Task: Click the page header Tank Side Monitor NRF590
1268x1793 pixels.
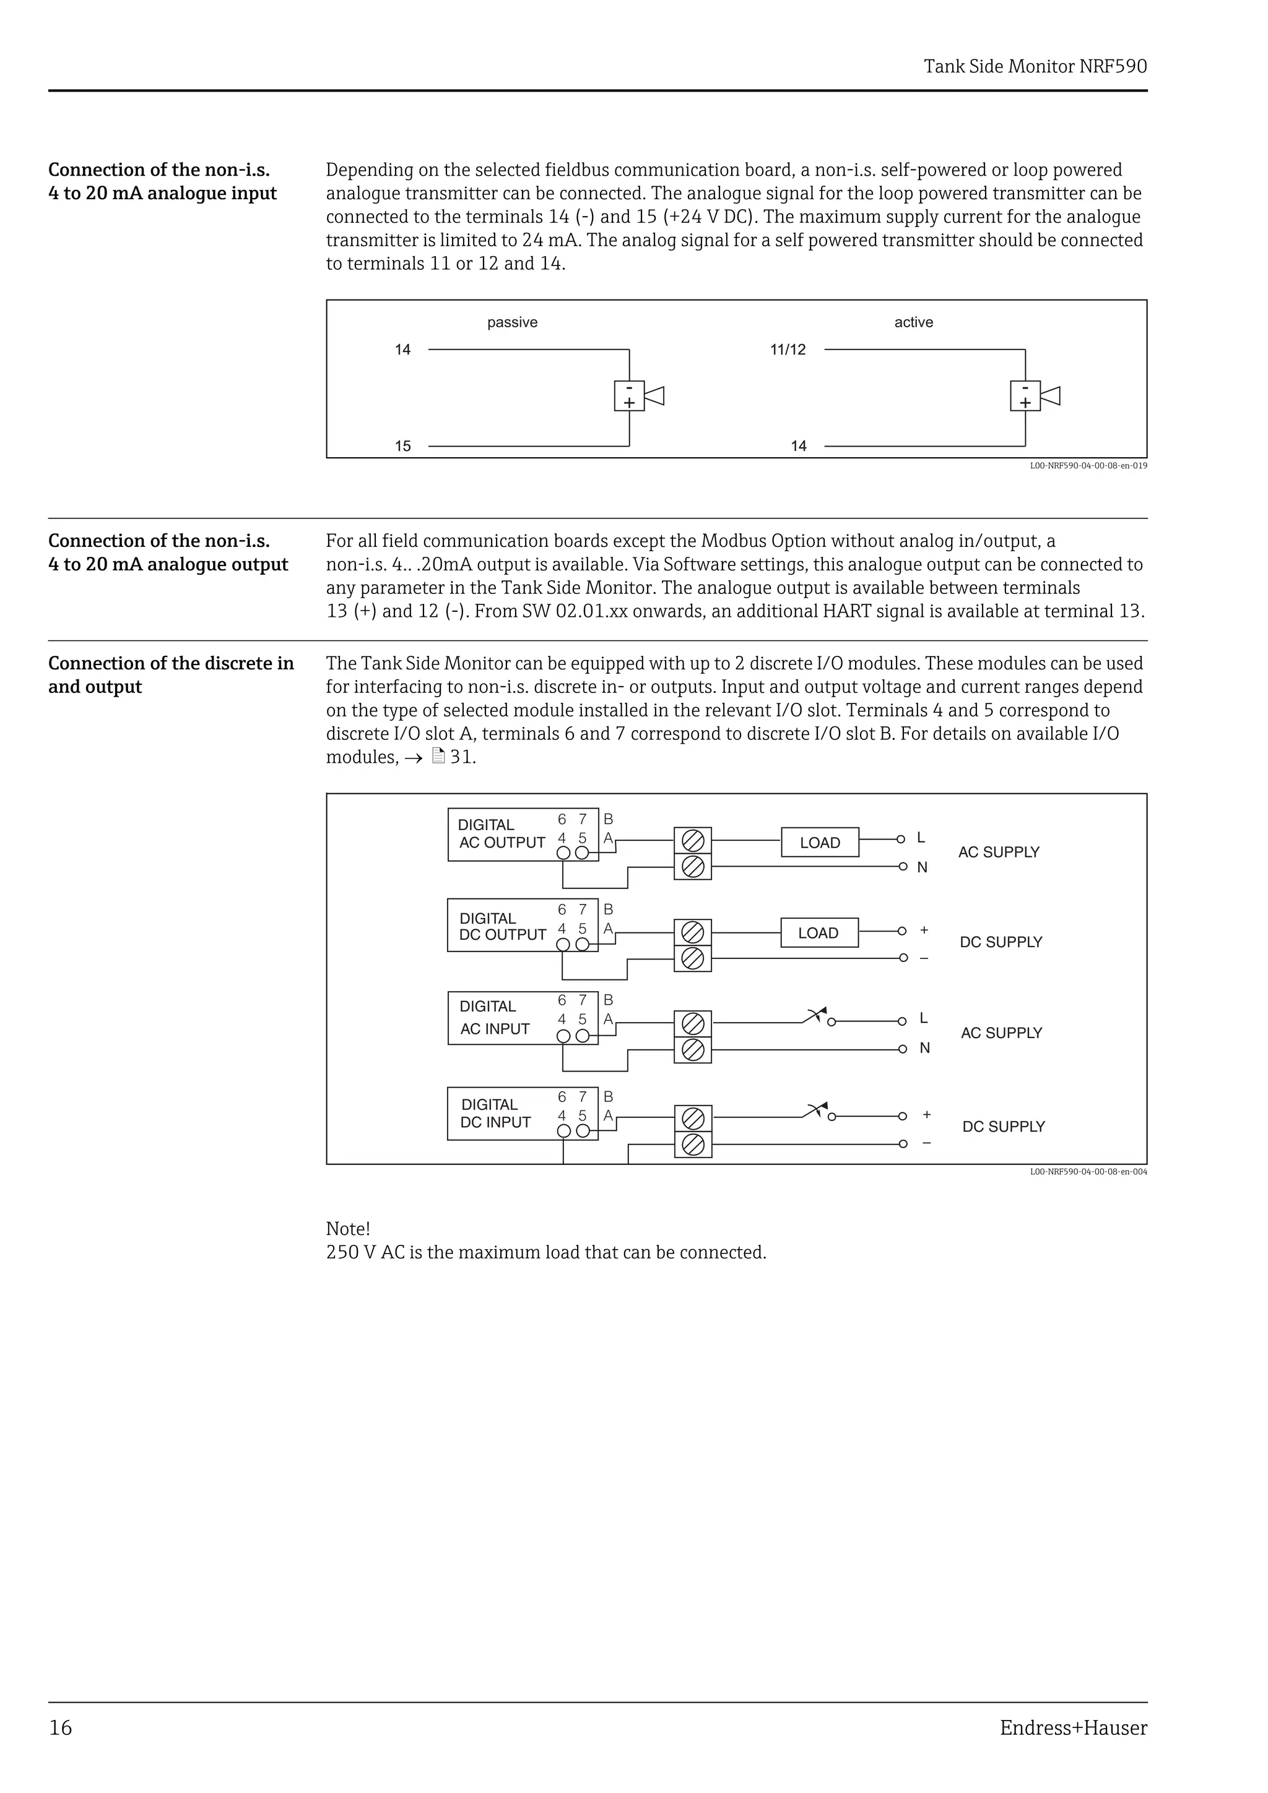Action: tap(1035, 66)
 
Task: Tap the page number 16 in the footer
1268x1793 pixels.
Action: tap(60, 1727)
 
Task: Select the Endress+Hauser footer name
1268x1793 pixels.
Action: tap(1073, 1727)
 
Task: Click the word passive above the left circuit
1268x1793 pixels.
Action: tap(512, 322)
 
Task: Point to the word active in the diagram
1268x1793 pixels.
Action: tap(913, 322)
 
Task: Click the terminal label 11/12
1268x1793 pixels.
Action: tap(788, 350)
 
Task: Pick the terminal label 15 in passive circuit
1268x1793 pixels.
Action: tap(402, 446)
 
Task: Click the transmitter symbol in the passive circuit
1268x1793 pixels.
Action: tap(638, 396)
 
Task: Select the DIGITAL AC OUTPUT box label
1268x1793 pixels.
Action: tap(501, 834)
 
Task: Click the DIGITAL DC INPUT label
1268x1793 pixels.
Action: tap(495, 1114)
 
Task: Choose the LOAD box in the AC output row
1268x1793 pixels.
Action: tap(820, 843)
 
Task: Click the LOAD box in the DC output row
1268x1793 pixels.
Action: tap(819, 933)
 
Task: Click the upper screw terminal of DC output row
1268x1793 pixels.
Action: tap(692, 932)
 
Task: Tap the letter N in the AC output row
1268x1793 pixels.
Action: tap(922, 867)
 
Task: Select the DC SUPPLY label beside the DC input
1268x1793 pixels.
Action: tap(1003, 1127)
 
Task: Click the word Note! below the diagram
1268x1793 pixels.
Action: tap(348, 1228)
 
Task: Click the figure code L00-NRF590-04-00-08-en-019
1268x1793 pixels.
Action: tap(1088, 467)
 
